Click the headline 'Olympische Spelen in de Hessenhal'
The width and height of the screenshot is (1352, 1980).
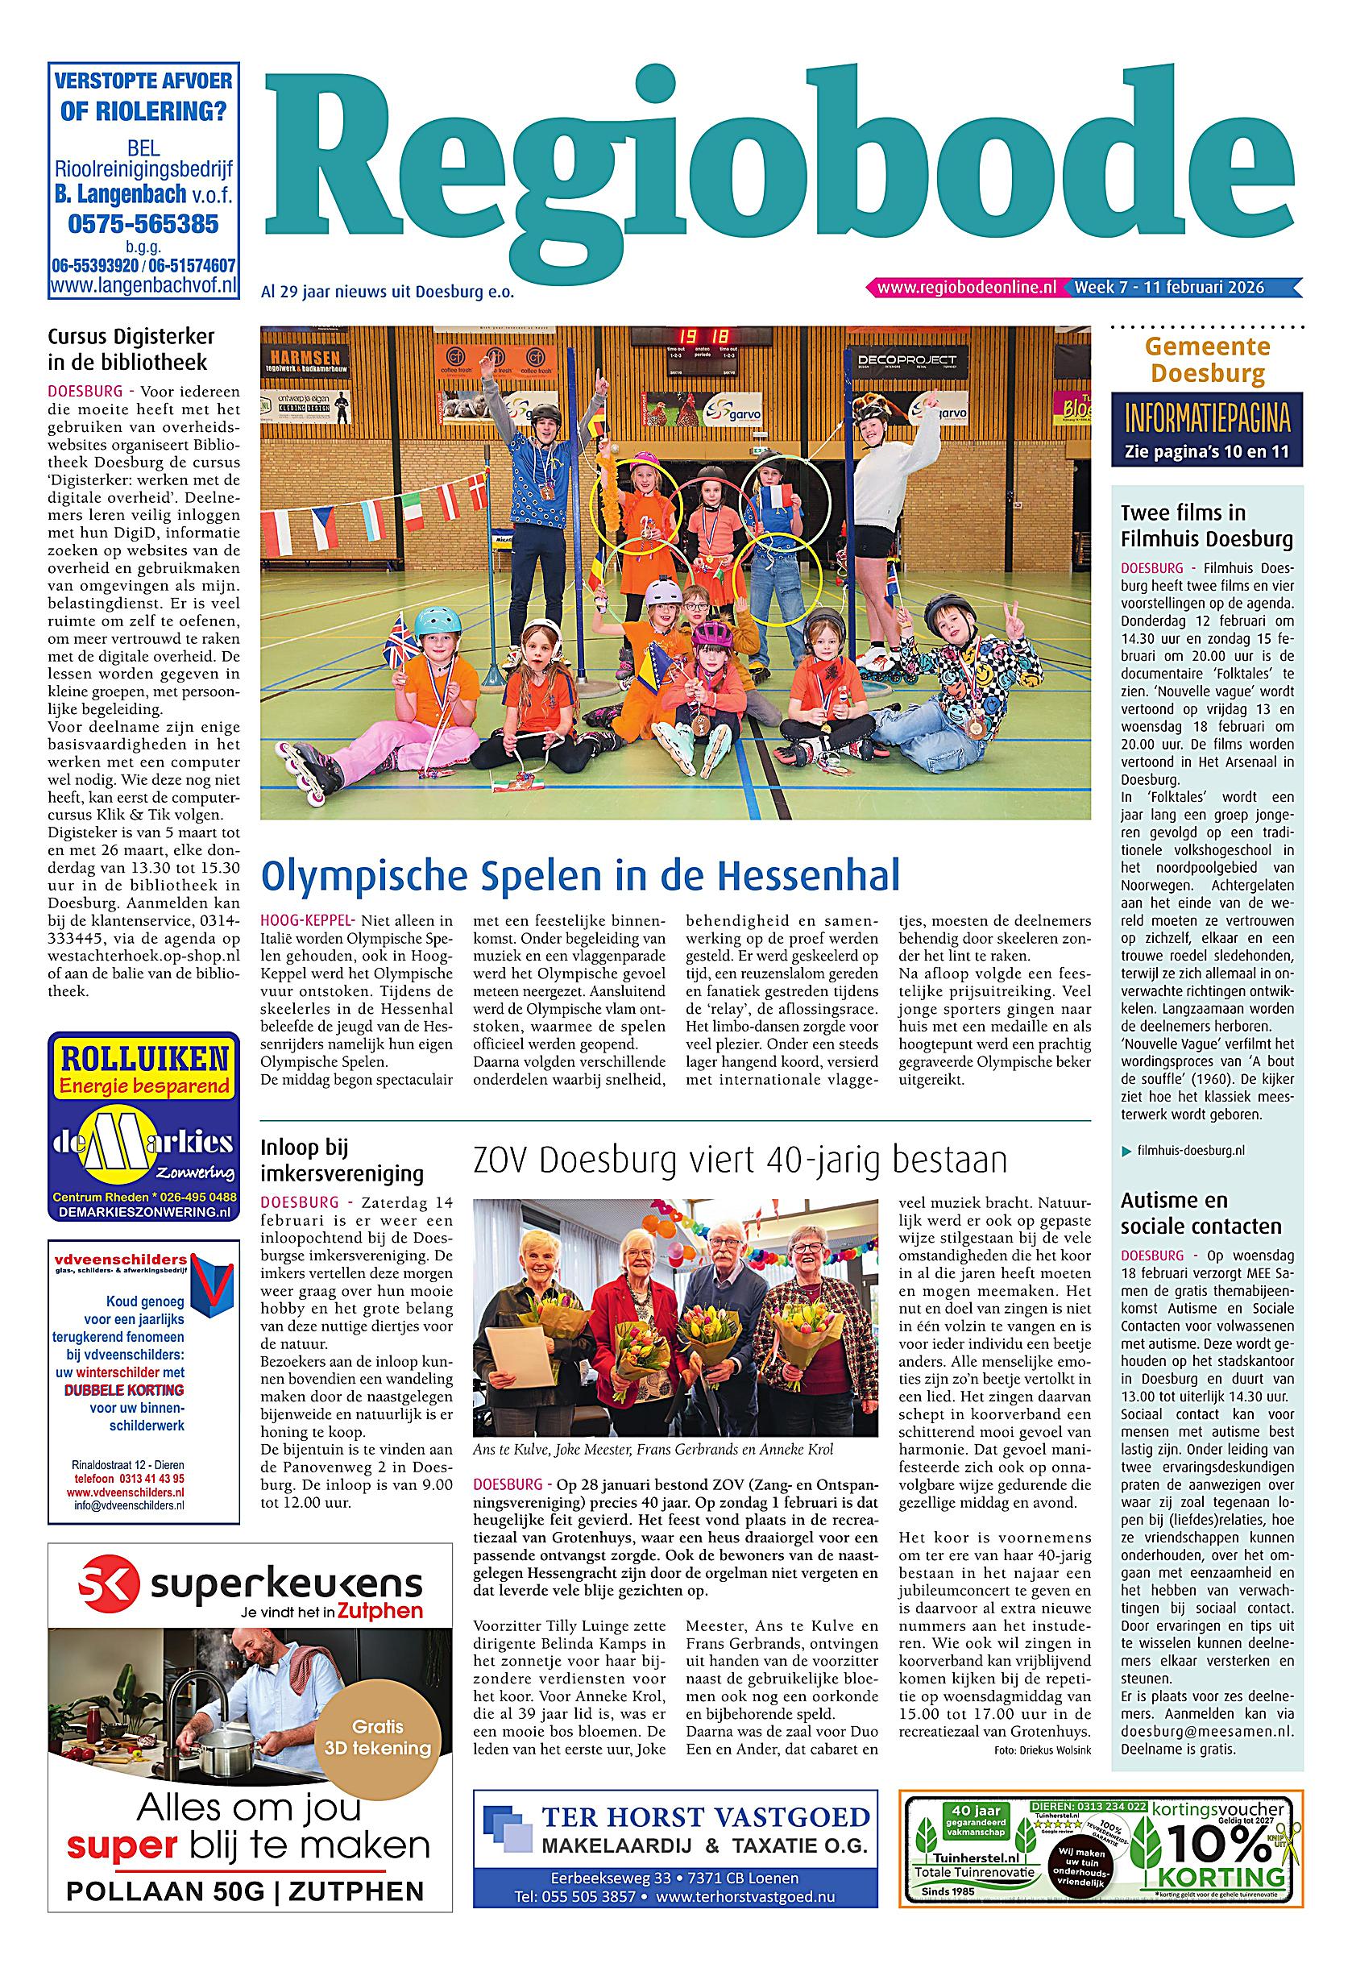click(579, 875)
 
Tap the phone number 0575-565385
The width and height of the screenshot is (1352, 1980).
click(143, 224)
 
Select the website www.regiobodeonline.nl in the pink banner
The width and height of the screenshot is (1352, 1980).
click(966, 287)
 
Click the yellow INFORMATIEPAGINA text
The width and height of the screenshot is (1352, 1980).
click(1206, 419)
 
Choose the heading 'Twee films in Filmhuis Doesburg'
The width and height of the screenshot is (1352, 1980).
click(1206, 525)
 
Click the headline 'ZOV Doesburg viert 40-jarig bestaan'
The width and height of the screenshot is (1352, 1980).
click(740, 1160)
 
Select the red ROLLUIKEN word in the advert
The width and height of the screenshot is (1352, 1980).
click(144, 1060)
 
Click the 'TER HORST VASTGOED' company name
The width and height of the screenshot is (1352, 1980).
click(705, 1817)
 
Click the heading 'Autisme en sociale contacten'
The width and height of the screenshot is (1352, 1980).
click(1201, 1213)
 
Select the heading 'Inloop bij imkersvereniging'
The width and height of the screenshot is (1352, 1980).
click(342, 1160)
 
